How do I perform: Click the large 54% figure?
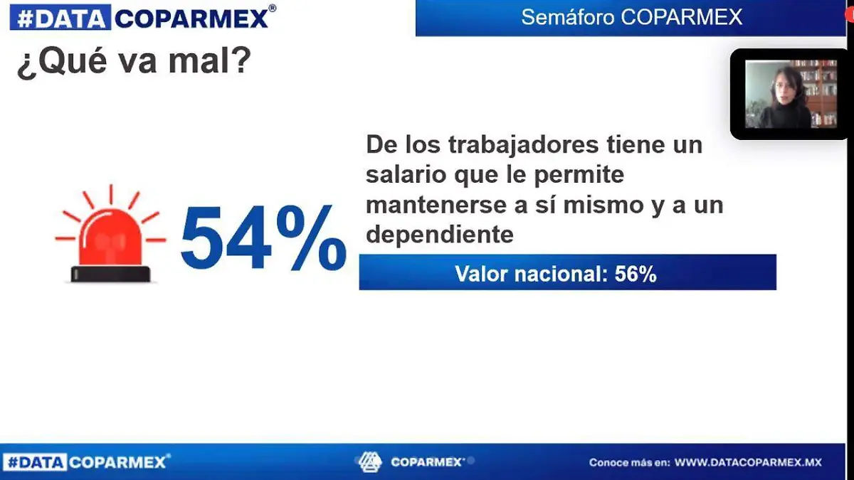pyautogui.click(x=262, y=238)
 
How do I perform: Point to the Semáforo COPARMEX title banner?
pyautogui.click(x=631, y=17)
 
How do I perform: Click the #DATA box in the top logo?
pyautogui.click(x=60, y=18)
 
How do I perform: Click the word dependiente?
pyautogui.click(x=439, y=235)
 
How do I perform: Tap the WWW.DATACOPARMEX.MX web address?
pyautogui.click(x=748, y=462)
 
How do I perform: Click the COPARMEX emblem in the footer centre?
pyautogui.click(x=370, y=462)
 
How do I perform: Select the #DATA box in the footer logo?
pyautogui.click(x=35, y=462)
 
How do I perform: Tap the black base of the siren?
pyautogui.click(x=110, y=274)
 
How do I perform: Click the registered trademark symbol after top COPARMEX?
pyautogui.click(x=273, y=9)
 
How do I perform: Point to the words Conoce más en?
pyautogui.click(x=629, y=462)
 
